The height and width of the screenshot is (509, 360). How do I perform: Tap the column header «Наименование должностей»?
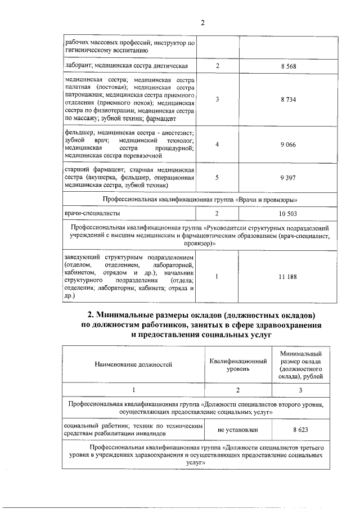pyautogui.click(x=134, y=364)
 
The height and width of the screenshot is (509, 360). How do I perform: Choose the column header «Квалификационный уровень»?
pyautogui.click(x=238, y=364)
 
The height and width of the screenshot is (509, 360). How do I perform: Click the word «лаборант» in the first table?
pyautogui.click(x=78, y=66)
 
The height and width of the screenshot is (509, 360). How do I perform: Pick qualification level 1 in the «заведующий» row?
pyautogui.click(x=217, y=276)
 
